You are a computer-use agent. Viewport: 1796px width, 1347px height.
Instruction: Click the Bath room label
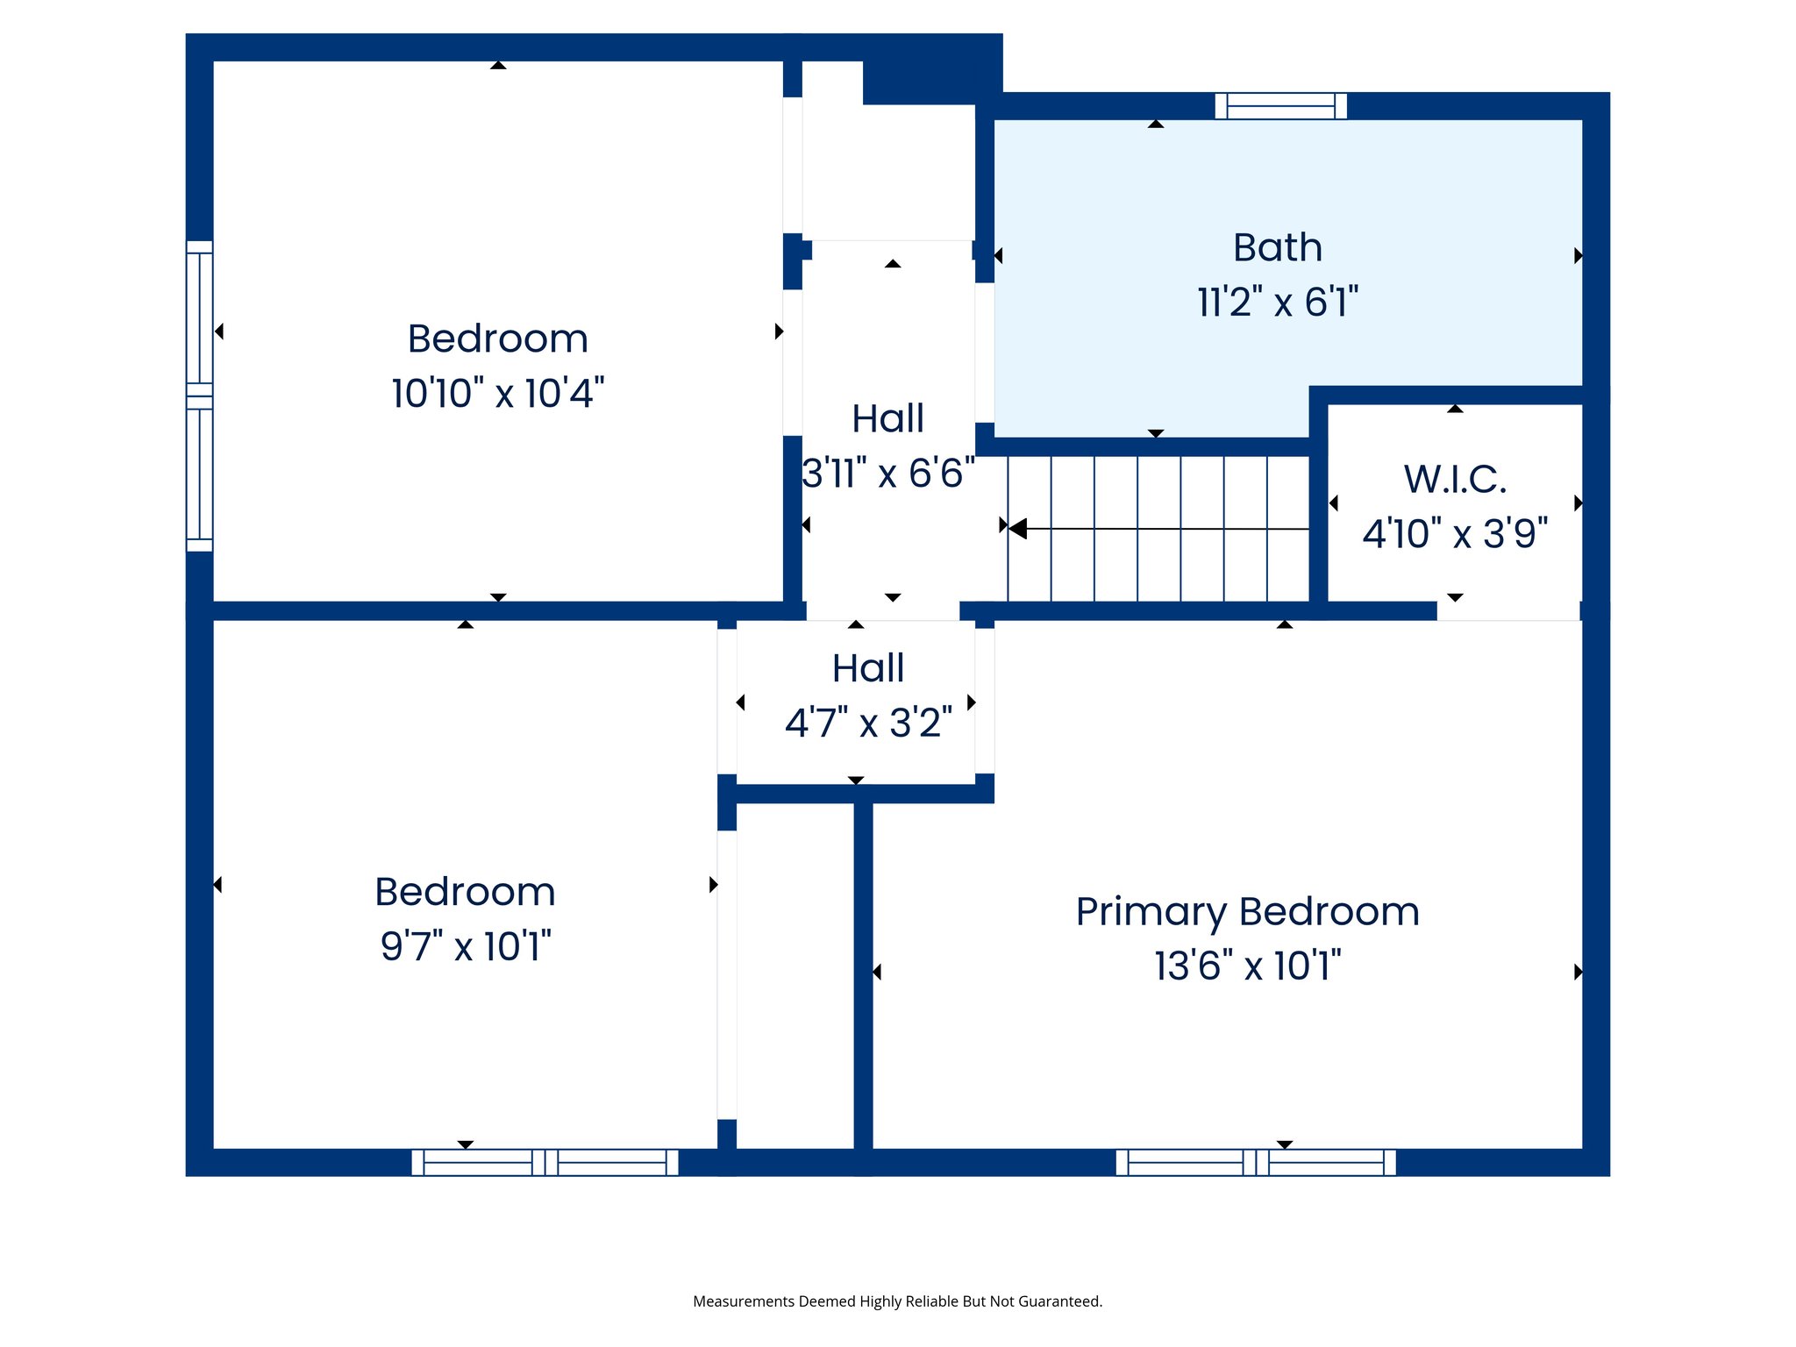(1277, 248)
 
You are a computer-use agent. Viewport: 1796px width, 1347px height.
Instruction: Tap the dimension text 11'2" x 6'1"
(1277, 303)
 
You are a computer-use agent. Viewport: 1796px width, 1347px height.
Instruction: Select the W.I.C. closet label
(1454, 480)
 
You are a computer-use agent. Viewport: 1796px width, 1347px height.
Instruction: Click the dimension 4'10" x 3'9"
(1454, 534)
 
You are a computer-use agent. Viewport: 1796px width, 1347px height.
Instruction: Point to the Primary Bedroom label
(1247, 912)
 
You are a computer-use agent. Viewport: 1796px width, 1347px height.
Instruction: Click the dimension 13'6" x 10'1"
(1247, 966)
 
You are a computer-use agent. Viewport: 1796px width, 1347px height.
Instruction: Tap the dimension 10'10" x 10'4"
(497, 394)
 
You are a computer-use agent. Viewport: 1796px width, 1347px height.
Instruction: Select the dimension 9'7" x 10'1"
(465, 947)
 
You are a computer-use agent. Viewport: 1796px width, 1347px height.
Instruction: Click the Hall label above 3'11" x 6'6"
(887, 419)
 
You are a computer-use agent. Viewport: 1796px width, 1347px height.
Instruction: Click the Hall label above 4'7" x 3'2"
(867, 669)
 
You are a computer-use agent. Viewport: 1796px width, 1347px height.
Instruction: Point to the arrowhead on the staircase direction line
(1017, 528)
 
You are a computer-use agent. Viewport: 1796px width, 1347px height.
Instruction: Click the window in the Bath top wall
(1280, 106)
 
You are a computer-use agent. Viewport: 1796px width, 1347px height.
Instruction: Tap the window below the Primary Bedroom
(1255, 1163)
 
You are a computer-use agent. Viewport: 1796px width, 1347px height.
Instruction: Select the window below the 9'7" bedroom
(545, 1163)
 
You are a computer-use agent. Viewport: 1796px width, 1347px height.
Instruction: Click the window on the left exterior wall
(199, 396)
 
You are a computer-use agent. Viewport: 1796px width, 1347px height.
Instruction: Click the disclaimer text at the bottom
(897, 1301)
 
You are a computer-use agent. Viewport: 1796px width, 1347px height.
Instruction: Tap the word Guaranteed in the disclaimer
(1062, 1301)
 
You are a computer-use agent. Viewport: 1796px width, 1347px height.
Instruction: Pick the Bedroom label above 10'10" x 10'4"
(497, 339)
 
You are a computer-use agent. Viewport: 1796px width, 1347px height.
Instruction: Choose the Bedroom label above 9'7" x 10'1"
(465, 893)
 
